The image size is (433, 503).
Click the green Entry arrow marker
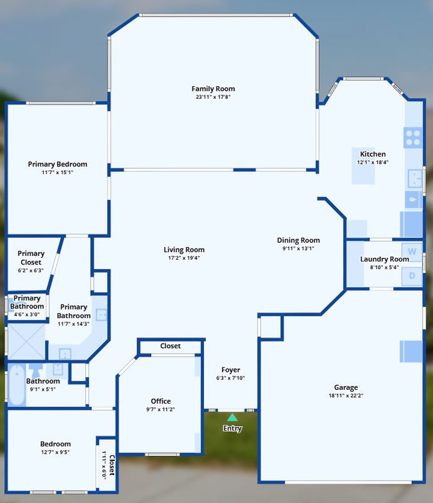point(232,417)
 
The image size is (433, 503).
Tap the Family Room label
point(213,89)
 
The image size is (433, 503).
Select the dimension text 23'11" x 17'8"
point(213,97)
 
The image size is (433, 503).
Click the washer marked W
point(412,251)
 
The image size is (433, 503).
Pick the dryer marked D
point(412,275)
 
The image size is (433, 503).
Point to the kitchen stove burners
point(413,138)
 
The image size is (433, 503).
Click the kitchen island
point(363,166)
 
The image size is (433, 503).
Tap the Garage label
point(346,387)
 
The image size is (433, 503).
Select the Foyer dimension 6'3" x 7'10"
point(230,378)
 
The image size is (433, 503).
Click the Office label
point(161,401)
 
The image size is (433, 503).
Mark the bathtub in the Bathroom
point(17,384)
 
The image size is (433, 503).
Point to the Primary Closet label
point(31,258)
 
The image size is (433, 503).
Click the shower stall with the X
point(26,342)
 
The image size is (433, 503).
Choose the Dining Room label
point(298,240)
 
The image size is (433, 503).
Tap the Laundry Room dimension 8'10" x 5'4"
point(385,267)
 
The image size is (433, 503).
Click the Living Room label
point(184,249)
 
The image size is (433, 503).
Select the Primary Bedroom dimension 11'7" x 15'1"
point(58,172)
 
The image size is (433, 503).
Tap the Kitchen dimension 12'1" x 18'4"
point(373,162)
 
